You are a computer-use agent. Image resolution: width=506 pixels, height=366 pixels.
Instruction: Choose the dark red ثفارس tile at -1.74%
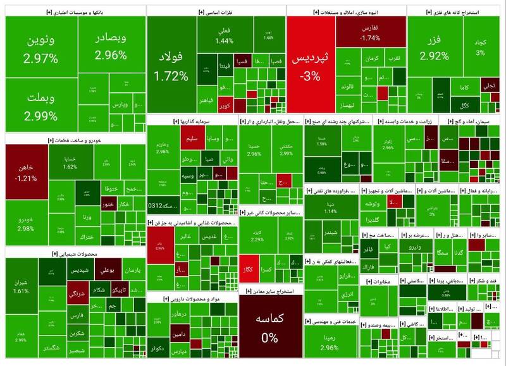[x=371, y=33]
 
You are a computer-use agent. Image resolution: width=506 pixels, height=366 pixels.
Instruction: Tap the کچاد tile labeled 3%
[x=481, y=47]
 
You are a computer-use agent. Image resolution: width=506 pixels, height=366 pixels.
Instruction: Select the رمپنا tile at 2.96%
[x=329, y=341]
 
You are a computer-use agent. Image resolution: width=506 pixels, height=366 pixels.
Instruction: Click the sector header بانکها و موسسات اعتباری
[x=75, y=11]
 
